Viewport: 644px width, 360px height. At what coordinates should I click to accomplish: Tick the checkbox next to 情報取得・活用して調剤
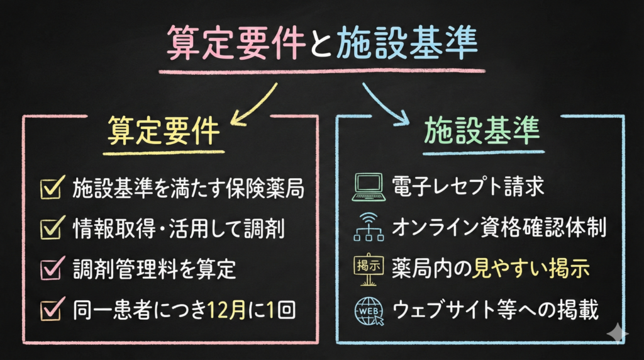click(x=50, y=228)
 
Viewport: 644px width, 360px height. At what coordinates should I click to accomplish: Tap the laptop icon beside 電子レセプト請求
click(x=367, y=188)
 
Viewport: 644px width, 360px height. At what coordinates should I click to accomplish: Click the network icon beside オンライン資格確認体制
click(x=367, y=228)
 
